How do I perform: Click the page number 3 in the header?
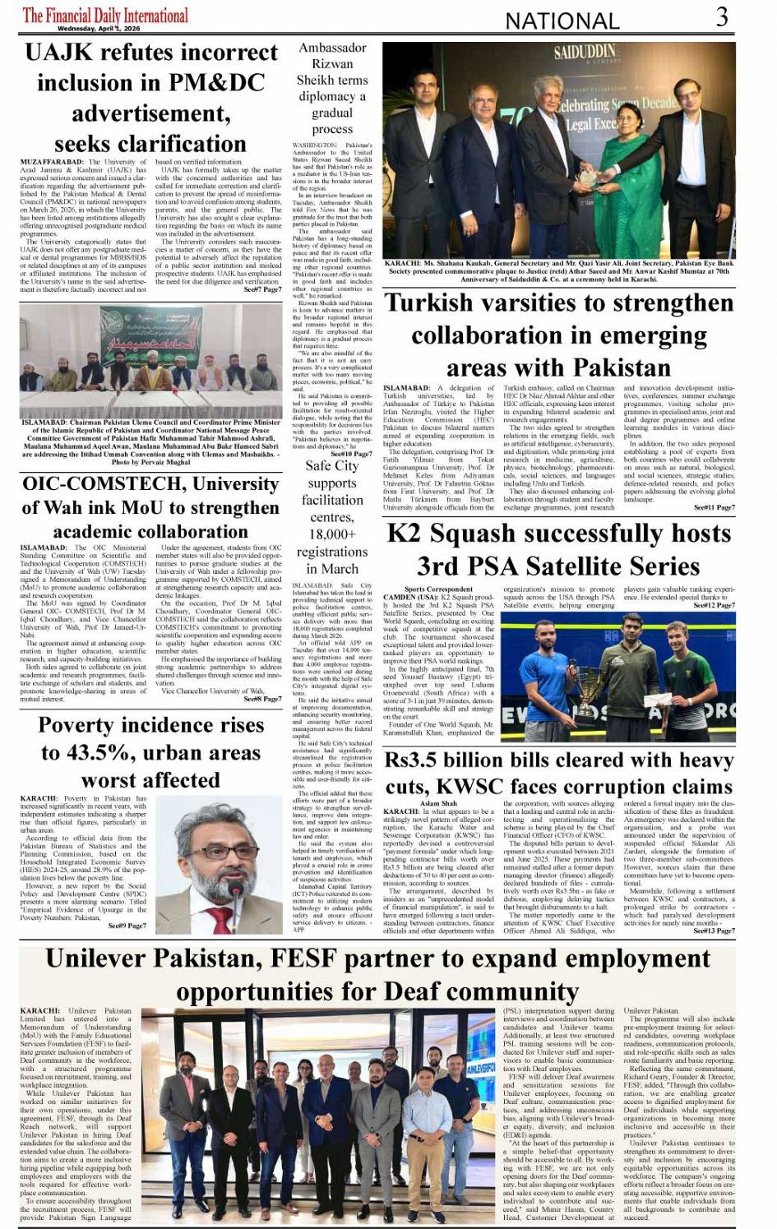coord(721,16)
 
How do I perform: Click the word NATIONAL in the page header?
coord(562,21)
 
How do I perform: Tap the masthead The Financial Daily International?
coord(105,15)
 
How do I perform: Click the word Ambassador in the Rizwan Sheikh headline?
coord(332,48)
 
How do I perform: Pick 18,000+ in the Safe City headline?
coord(332,534)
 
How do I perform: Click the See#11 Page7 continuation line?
coord(714,507)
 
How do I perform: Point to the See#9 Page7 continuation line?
coord(127,925)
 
